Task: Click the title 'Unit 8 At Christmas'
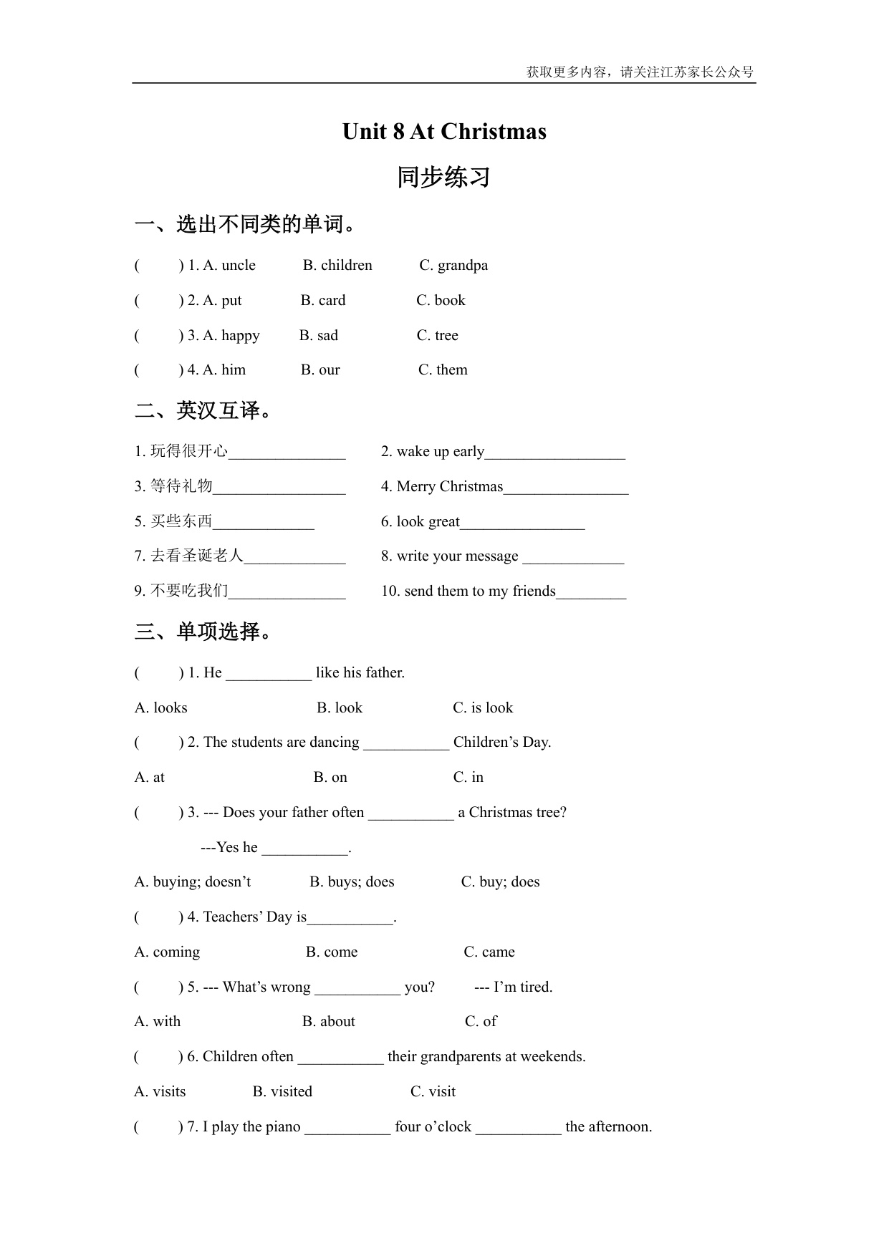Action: [x=444, y=132]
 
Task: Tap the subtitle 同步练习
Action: [x=443, y=177]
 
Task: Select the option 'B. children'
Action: [x=337, y=265]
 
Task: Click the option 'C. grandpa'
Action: [x=453, y=265]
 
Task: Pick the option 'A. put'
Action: [x=222, y=300]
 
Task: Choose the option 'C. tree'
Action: [x=437, y=335]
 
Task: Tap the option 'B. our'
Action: [x=320, y=369]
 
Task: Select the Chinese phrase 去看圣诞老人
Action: [x=197, y=556]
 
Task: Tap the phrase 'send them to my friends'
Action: [x=479, y=591]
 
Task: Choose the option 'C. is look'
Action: [x=483, y=707]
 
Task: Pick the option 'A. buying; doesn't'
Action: [x=193, y=881]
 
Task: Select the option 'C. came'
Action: [x=489, y=952]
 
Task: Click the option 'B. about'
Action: [x=329, y=1021]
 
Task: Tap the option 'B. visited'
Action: [x=282, y=1091]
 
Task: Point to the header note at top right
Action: [x=640, y=72]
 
